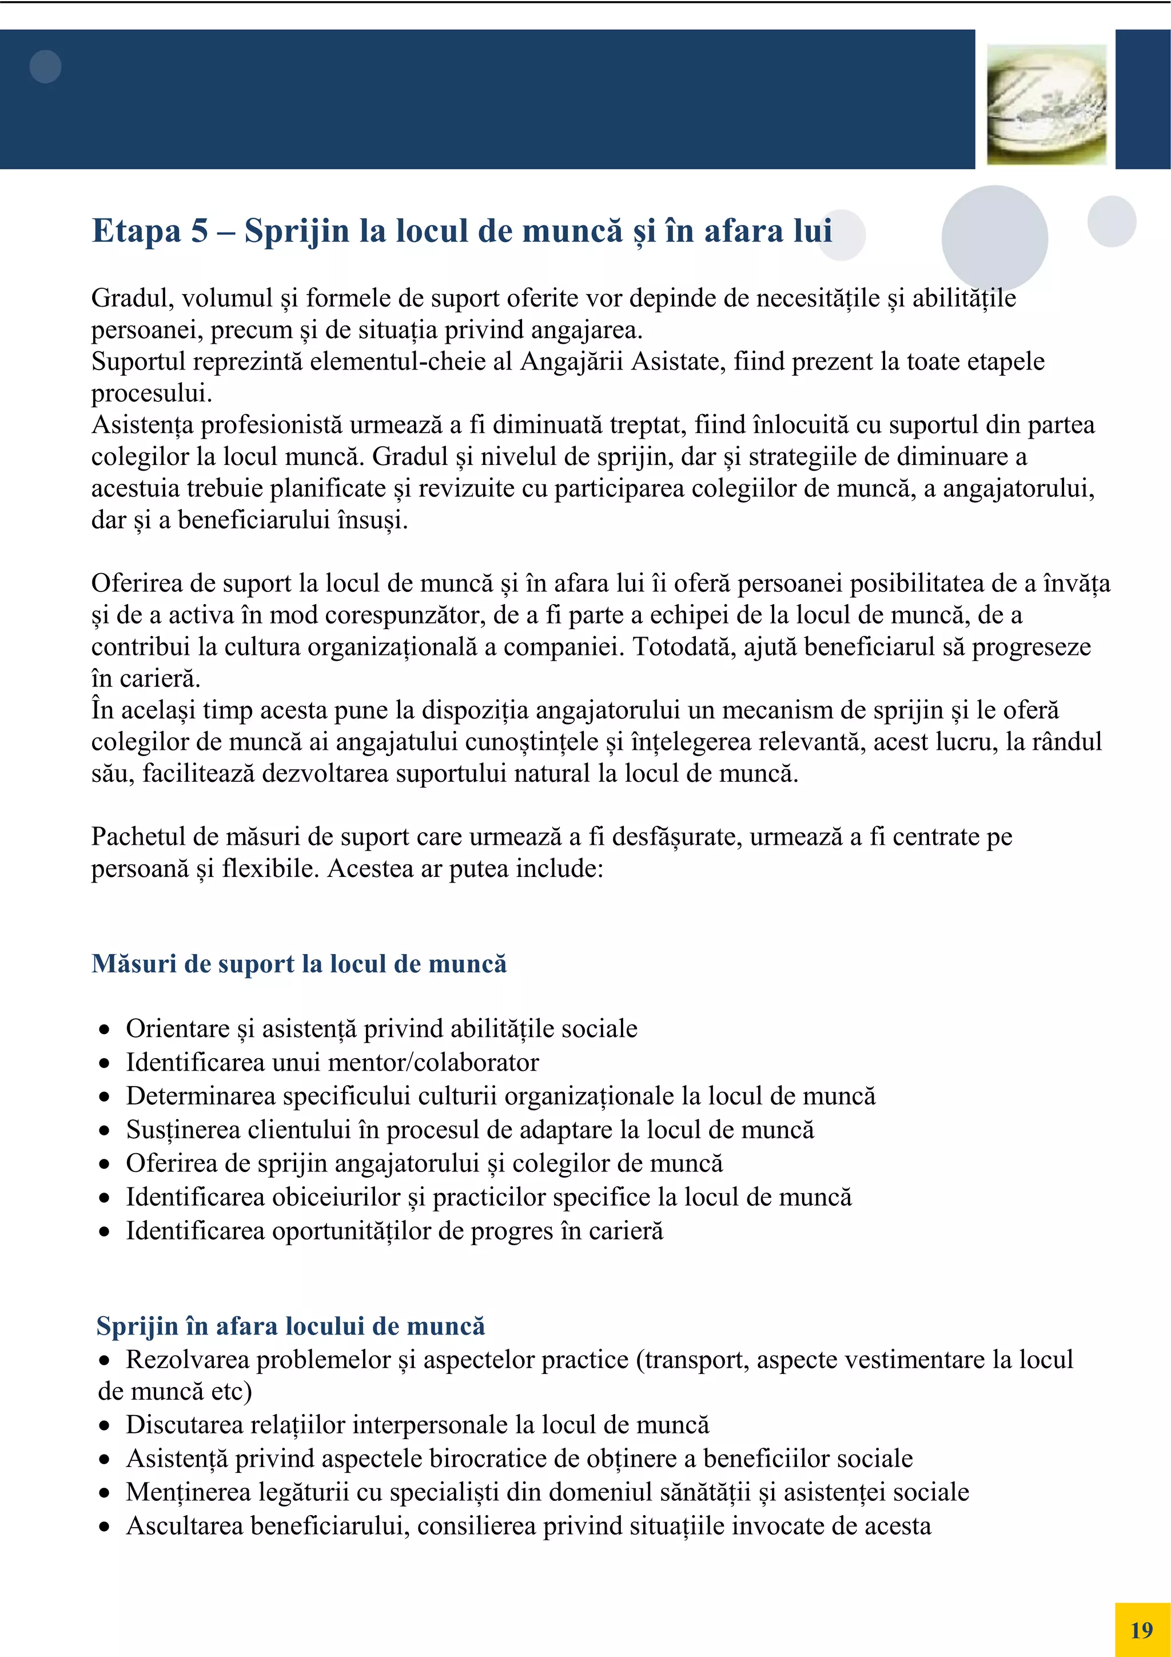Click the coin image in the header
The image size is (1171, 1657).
1046,104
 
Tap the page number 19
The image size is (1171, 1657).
1141,1630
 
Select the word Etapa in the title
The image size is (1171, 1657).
136,232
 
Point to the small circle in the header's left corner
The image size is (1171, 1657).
45,66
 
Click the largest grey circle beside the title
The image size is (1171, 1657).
994,238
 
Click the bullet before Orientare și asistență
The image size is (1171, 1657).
105,1030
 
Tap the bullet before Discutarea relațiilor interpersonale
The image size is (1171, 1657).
105,1426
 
